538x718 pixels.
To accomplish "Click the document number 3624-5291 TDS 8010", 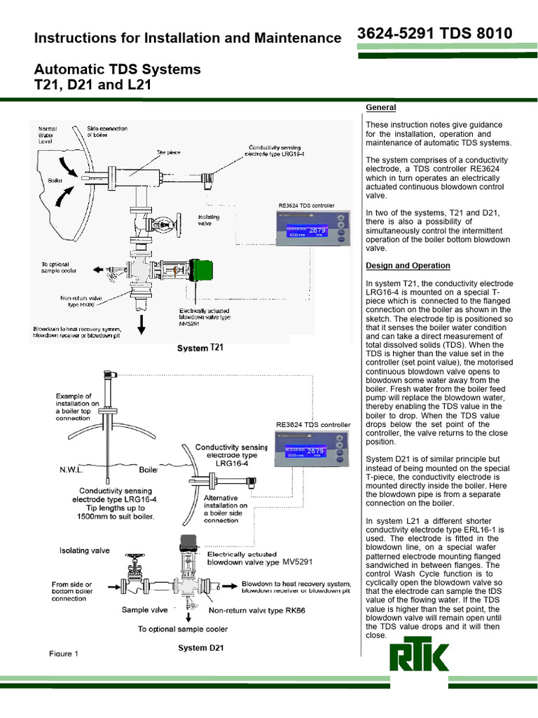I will point(434,33).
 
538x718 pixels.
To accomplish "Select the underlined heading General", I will point(380,107).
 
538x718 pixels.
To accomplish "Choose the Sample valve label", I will point(145,609).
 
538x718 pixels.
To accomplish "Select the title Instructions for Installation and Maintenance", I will point(188,38).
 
